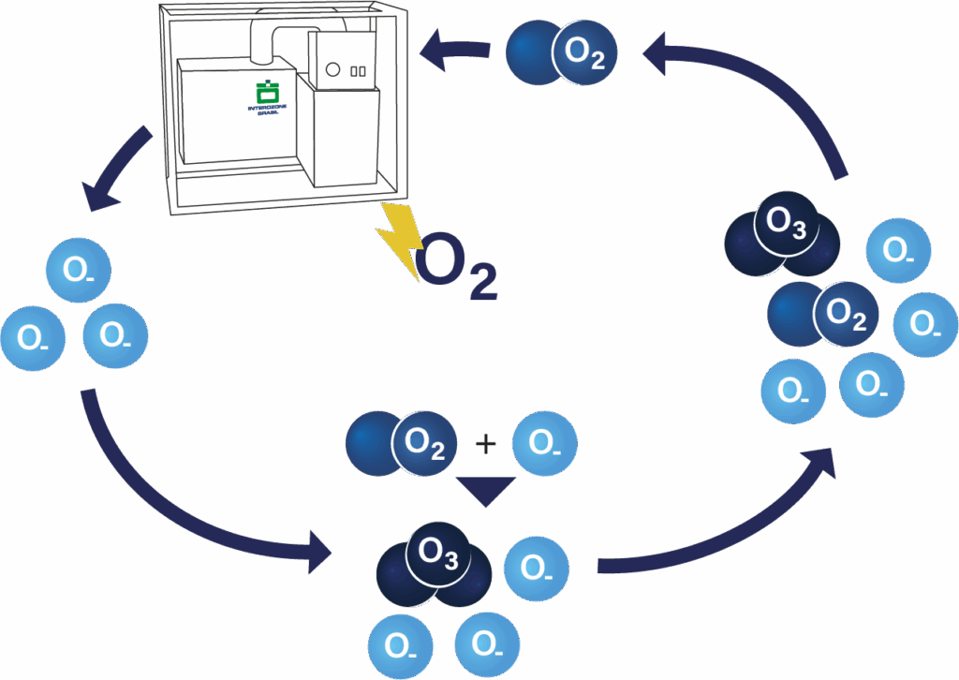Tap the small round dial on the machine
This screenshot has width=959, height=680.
coord(332,68)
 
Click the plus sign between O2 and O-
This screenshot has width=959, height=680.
coord(485,442)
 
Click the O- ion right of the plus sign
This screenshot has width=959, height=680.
coord(545,443)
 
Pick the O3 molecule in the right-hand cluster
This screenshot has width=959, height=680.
coord(784,233)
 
